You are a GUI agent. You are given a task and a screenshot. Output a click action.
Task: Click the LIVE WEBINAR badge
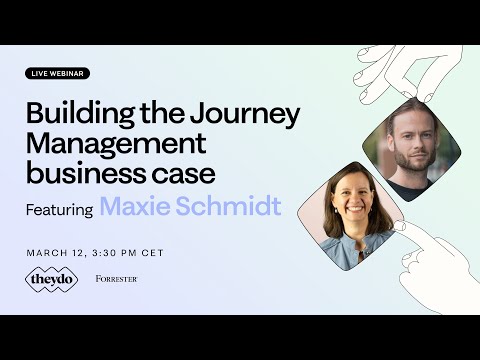click(x=58, y=73)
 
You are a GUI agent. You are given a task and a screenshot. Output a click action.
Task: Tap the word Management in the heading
click(x=115, y=144)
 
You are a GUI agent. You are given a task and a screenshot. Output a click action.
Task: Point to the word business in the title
click(x=76, y=173)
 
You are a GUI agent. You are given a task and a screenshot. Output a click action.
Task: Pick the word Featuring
click(x=60, y=209)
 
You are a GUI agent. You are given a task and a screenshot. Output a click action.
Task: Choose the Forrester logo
click(x=116, y=279)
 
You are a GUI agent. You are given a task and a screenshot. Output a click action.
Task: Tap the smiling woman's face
click(x=354, y=209)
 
